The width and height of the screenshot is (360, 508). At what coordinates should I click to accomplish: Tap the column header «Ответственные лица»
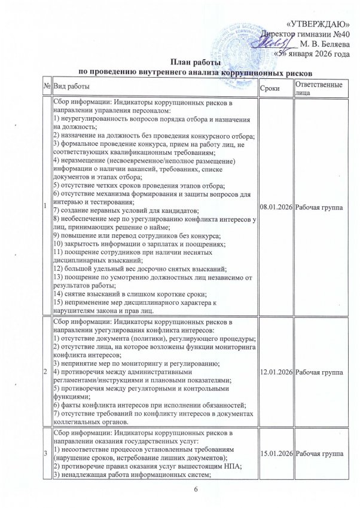coord(319,87)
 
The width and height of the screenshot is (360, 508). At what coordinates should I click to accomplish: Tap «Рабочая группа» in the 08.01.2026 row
coord(320,206)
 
